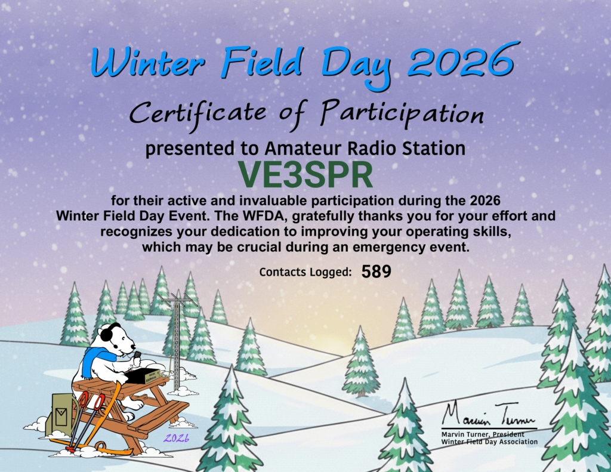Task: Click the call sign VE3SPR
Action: point(305,175)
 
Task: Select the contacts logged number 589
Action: point(376,272)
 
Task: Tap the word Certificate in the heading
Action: point(198,113)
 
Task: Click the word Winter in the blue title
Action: point(148,63)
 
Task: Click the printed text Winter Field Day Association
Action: point(489,442)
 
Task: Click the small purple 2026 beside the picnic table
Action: point(176,438)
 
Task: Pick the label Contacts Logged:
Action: point(305,272)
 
